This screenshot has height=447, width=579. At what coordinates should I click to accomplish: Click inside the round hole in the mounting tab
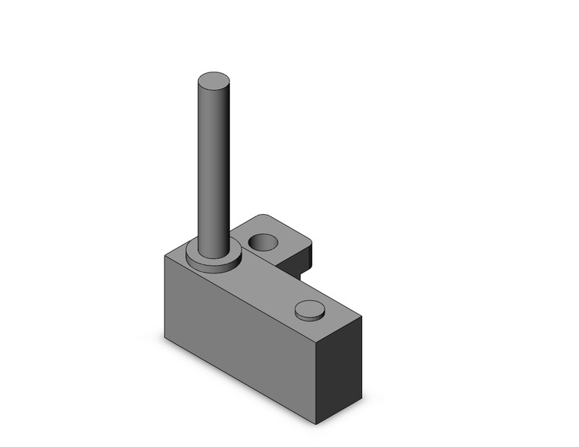pyautogui.click(x=264, y=243)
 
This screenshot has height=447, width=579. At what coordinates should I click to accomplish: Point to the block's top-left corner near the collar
pyautogui.click(x=166, y=255)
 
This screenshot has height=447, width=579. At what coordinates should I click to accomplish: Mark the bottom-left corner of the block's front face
pyautogui.click(x=165, y=337)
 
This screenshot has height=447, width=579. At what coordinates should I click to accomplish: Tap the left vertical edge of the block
pyautogui.click(x=165, y=297)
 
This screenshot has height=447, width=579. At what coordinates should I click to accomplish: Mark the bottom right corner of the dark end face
pyautogui.click(x=361, y=400)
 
